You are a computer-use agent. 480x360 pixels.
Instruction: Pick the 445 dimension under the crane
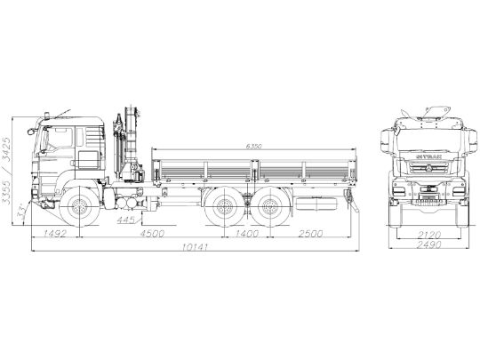pyautogui.click(x=126, y=217)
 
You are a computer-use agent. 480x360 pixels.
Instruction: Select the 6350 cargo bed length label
pyautogui.click(x=255, y=146)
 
